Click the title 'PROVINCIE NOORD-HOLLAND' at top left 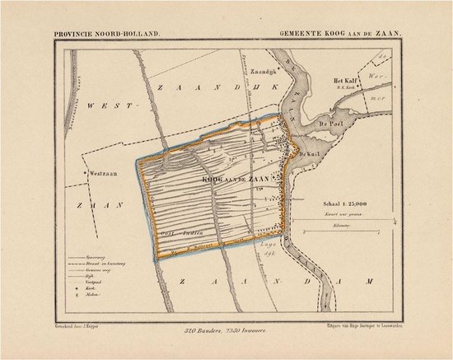pos(106,34)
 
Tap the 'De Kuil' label pos(308,153)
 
